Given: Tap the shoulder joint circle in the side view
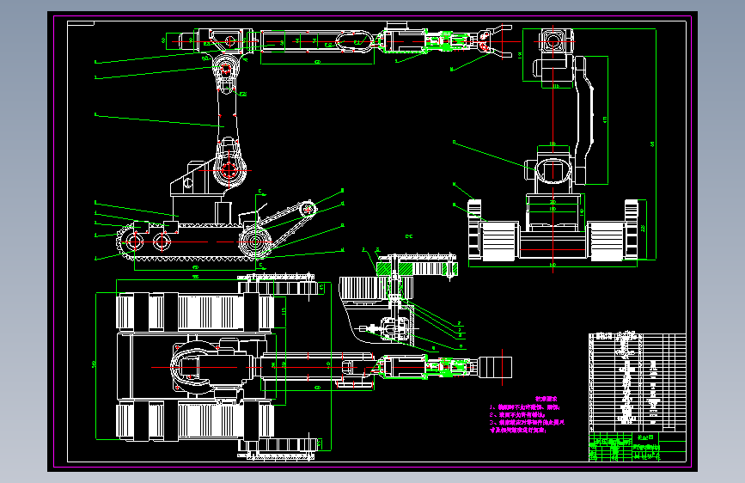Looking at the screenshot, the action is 229,169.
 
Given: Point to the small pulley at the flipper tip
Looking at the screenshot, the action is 308,208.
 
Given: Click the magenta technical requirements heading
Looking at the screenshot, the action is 547,399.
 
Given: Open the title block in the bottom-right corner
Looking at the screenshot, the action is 637,448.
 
